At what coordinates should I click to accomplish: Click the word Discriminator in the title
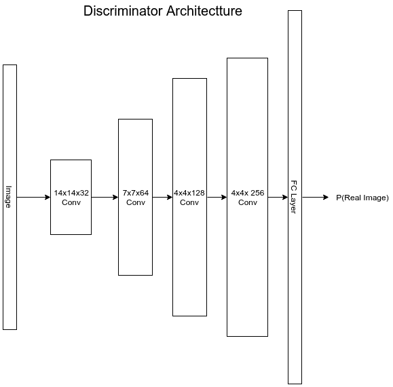click(x=123, y=11)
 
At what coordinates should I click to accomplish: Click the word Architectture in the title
click(x=204, y=11)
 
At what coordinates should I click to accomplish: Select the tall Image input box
click(x=10, y=197)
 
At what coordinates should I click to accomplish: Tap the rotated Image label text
click(x=9, y=197)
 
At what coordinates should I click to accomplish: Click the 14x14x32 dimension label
click(x=71, y=193)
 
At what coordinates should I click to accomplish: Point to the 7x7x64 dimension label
click(x=136, y=193)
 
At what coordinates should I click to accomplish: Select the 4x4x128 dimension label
click(x=189, y=193)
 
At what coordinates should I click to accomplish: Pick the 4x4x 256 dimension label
click(x=248, y=193)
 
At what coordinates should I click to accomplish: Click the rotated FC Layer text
click(x=293, y=197)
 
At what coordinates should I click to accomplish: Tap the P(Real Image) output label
click(x=362, y=198)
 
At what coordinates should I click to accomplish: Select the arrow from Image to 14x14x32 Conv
click(x=33, y=198)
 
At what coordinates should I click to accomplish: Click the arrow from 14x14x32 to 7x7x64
click(x=105, y=198)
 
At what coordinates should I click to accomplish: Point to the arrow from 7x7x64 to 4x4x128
click(x=162, y=198)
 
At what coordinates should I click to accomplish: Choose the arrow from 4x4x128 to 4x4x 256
click(x=217, y=198)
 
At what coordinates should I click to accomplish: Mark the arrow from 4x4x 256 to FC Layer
click(x=278, y=198)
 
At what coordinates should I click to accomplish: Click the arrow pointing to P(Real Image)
click(x=316, y=198)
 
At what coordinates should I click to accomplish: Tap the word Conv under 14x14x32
click(x=71, y=202)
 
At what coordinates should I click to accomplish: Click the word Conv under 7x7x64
click(x=136, y=202)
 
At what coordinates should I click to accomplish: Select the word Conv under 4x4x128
click(x=189, y=202)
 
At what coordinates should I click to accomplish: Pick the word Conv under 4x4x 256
click(x=248, y=202)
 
